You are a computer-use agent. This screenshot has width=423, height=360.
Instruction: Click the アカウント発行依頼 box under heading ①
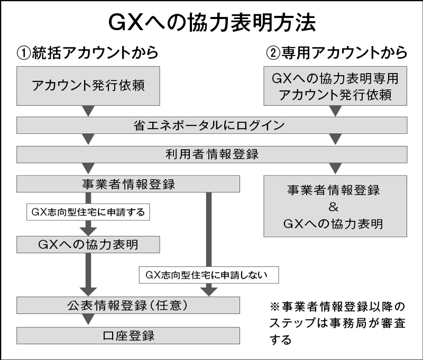(x=88, y=85)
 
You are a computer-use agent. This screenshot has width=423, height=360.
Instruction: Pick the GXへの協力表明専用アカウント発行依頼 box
(x=335, y=86)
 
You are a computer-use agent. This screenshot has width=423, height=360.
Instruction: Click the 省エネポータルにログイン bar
(x=212, y=125)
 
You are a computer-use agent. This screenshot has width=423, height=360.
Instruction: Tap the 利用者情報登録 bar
(x=212, y=154)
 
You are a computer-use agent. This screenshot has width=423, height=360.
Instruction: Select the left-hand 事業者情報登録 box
(x=128, y=184)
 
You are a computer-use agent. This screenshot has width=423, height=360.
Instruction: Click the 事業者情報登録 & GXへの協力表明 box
(x=335, y=206)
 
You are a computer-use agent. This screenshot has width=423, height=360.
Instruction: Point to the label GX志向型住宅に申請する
(x=88, y=213)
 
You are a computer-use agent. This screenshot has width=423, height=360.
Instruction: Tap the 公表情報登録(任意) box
(x=128, y=305)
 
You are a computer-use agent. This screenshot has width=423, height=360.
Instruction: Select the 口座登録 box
(x=128, y=335)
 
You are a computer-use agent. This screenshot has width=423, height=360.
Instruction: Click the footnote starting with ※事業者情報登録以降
(x=338, y=322)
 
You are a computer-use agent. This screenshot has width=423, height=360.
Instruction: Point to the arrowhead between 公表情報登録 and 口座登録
(x=88, y=320)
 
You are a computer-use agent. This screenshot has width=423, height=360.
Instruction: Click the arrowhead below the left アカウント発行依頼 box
(x=88, y=111)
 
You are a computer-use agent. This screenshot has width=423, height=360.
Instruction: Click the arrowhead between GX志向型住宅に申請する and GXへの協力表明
(x=88, y=229)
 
